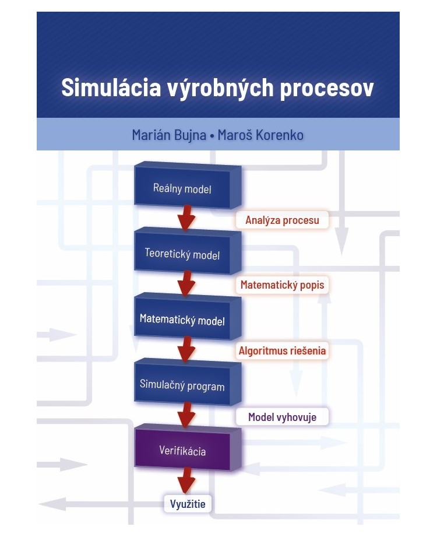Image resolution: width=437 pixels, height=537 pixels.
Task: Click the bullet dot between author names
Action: point(213,135)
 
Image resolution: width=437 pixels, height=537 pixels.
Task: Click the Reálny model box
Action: point(182,188)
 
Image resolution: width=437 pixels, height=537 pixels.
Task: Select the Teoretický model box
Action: point(182,254)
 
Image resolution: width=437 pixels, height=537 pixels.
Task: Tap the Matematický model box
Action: point(182,320)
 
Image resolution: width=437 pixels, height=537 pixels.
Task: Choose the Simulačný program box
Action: point(182,385)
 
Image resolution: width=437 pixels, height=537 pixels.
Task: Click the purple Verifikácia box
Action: point(182,450)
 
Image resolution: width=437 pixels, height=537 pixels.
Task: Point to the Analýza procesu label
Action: point(282,220)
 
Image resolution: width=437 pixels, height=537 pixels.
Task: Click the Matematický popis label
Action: point(282,285)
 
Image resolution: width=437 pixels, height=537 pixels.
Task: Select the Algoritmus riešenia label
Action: point(282,351)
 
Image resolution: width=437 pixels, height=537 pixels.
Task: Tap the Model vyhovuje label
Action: point(282,417)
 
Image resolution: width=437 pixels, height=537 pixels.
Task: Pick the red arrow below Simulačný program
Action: point(186,415)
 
